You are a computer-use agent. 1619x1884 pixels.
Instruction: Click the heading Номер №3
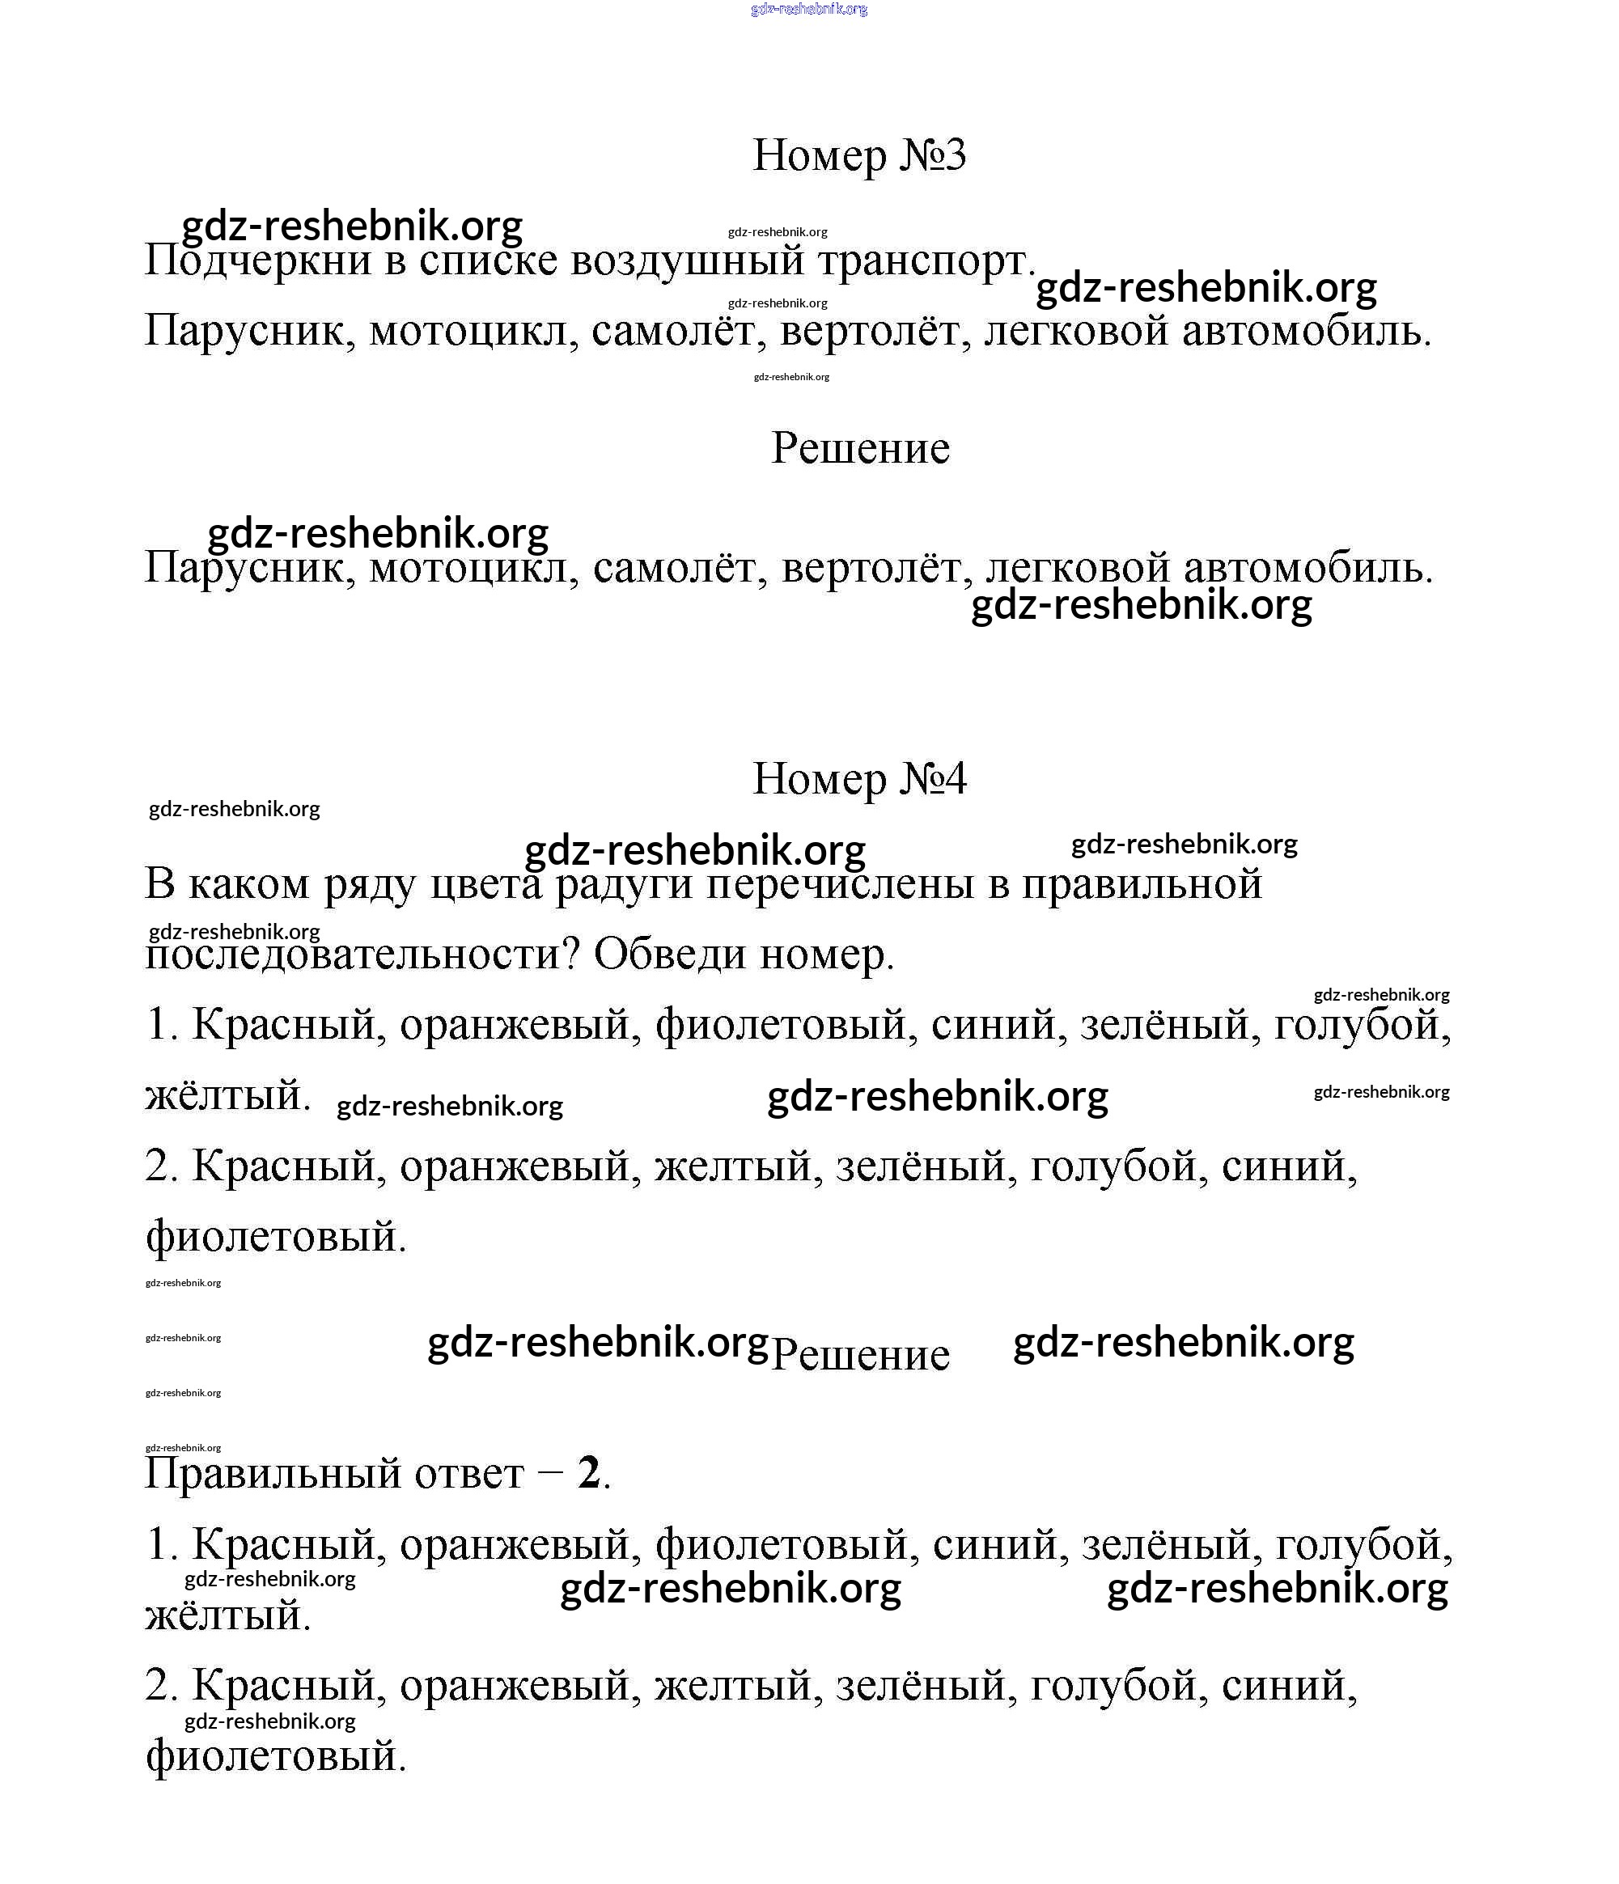[858, 155]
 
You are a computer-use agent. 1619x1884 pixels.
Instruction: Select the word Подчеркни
[258, 261]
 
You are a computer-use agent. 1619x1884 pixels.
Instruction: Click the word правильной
[1142, 885]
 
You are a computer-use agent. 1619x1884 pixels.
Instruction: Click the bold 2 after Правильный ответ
[588, 1473]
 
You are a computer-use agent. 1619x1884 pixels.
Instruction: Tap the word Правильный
[273, 1473]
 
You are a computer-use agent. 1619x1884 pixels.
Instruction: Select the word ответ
[469, 1473]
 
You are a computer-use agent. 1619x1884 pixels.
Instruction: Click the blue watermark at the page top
[808, 9]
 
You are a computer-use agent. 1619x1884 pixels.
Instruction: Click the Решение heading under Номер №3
[859, 448]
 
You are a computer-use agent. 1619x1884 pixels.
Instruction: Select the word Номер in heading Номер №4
[820, 779]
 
